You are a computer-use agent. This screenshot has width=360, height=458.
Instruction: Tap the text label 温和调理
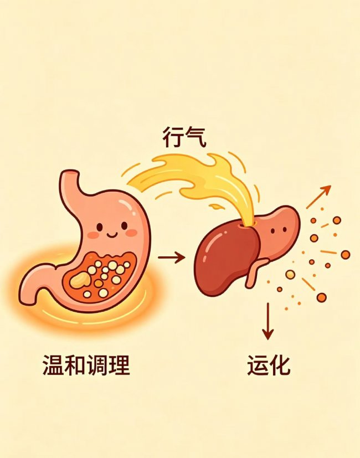pyautogui.click(x=86, y=365)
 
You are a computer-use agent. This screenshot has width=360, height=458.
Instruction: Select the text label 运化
pyautogui.click(x=269, y=365)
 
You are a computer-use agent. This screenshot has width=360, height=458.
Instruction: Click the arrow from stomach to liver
pyautogui.click(x=171, y=258)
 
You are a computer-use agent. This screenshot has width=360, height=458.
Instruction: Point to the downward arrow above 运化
pyautogui.click(x=268, y=321)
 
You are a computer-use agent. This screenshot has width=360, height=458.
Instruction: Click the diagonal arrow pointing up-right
pyautogui.click(x=318, y=197)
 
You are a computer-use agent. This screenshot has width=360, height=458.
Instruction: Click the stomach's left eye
pyautogui.click(x=100, y=227)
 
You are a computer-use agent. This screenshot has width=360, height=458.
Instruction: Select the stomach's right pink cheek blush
pyautogui.click(x=131, y=233)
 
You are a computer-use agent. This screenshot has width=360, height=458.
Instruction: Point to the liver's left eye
pyautogui.click(x=272, y=231)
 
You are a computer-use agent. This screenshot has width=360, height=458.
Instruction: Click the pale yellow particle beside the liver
pyautogui.click(x=290, y=274)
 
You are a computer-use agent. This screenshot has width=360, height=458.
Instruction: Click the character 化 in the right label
pyautogui.click(x=280, y=365)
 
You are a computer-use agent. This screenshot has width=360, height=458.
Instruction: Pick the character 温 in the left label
pyautogui.click(x=53, y=365)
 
